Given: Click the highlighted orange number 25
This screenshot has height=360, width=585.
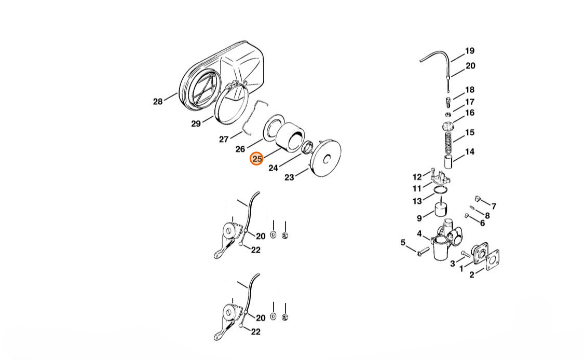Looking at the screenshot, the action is point(256,159).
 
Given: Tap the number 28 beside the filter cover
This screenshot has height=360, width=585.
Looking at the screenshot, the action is point(158,101).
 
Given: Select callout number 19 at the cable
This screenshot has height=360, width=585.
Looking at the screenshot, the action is point(469,51).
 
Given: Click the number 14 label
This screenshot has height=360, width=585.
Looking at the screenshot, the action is point(469,151).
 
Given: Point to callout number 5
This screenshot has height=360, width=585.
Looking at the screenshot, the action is point(403,243).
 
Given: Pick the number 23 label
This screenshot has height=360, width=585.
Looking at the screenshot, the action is point(289,177).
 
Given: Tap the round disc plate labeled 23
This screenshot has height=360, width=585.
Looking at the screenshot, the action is point(325,158).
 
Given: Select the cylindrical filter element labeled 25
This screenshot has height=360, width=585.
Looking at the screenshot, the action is point(290,137).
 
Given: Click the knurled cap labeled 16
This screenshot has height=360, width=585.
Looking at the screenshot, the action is point(447,126).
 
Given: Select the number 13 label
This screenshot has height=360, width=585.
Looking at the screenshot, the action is point(417,201).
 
